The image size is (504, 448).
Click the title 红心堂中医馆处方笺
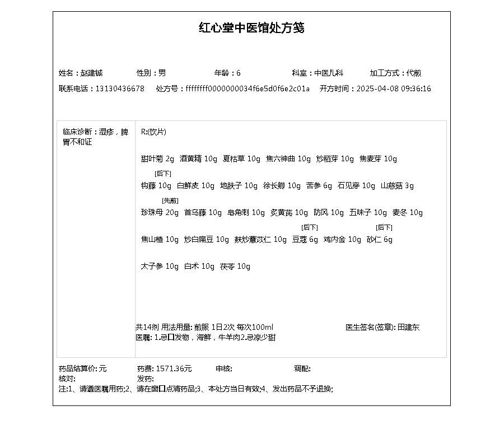[x=251, y=28]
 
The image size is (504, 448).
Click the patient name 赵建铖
[x=91, y=73]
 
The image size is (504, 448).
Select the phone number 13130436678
[x=120, y=89]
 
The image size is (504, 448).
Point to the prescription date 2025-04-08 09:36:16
[x=394, y=89]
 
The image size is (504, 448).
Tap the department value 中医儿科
[x=328, y=73]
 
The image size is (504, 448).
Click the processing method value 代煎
[x=414, y=73]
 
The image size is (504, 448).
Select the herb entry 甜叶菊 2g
[x=157, y=159]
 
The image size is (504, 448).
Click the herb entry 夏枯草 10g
[x=241, y=159]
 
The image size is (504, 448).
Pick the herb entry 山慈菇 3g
[x=397, y=186]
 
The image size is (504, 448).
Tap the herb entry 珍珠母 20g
[x=160, y=213]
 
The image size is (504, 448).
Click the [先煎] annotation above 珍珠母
[x=170, y=200]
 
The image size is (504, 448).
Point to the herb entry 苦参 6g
[x=319, y=186]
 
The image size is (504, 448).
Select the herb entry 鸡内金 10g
[x=342, y=240]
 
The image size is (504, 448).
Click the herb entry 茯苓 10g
[x=235, y=267]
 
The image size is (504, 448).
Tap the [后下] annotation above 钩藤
[x=163, y=174]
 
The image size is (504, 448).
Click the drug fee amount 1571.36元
[x=174, y=369]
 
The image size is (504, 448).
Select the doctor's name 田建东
[x=408, y=328]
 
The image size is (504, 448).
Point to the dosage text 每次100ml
[x=255, y=328]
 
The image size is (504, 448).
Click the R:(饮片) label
[x=153, y=132]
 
